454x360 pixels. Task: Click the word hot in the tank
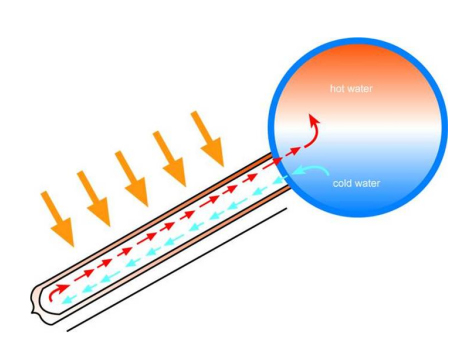point(337,88)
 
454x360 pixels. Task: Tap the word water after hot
point(359,89)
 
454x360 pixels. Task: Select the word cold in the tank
point(341,183)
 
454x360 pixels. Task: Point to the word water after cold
point(366,183)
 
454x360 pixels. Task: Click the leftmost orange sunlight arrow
point(57,219)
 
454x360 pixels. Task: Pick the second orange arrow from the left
point(94,199)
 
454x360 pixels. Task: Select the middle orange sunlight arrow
point(131,178)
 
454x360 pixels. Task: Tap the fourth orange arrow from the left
point(169,159)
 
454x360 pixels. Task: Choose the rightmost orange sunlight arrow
point(207,139)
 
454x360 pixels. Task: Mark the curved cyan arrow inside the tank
point(312,169)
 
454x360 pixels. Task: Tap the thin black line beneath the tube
point(177,270)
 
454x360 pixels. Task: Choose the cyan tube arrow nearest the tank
point(281,180)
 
